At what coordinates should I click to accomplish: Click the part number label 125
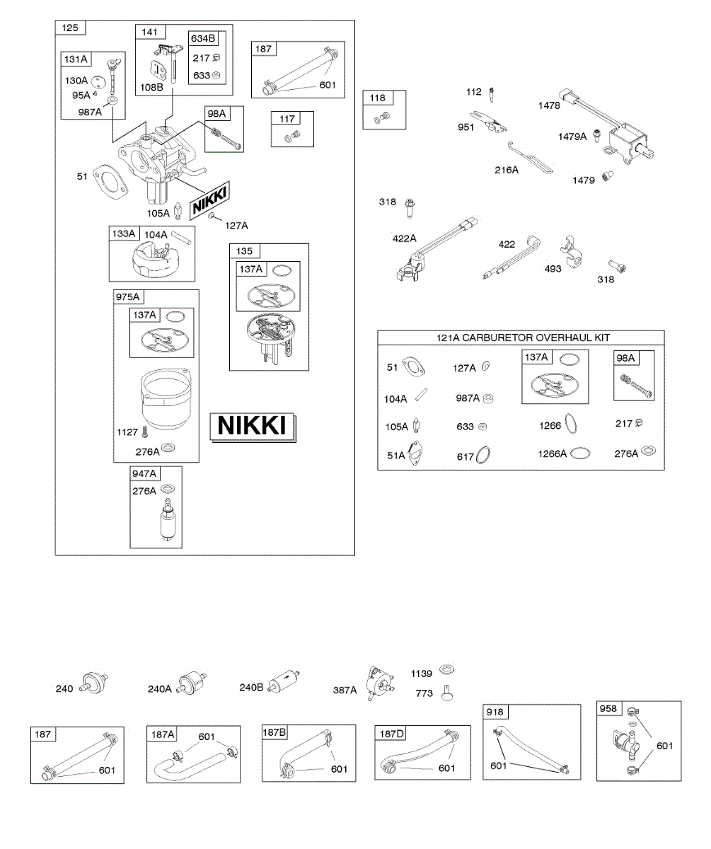click(x=70, y=28)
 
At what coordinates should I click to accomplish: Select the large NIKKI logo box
click(x=253, y=426)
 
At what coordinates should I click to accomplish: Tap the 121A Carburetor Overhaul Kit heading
click(x=521, y=337)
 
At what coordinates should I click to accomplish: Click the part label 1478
click(x=549, y=106)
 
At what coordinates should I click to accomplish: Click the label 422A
click(x=405, y=238)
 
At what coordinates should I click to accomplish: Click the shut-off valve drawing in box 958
click(x=626, y=742)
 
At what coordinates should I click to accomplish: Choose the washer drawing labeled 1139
click(x=446, y=669)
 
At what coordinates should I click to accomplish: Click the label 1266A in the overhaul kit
click(x=553, y=454)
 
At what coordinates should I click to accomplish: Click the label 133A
click(x=123, y=233)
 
